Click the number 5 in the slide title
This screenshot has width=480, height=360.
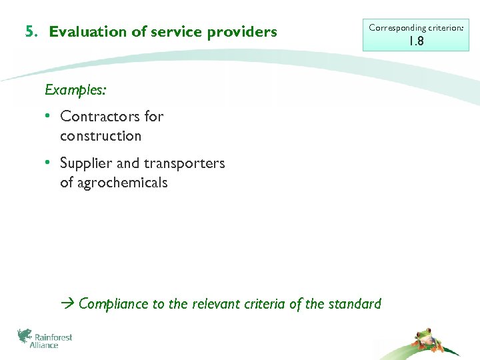coord(29,31)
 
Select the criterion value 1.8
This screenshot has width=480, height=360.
coord(416,41)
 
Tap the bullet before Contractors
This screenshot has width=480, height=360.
coord(49,116)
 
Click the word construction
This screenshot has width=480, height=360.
coord(100,136)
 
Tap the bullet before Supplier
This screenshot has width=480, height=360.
coord(49,163)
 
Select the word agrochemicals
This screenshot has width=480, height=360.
coord(113,183)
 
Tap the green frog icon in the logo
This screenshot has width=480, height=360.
coord(25,335)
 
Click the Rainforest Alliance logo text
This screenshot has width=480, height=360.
coord(52,341)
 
